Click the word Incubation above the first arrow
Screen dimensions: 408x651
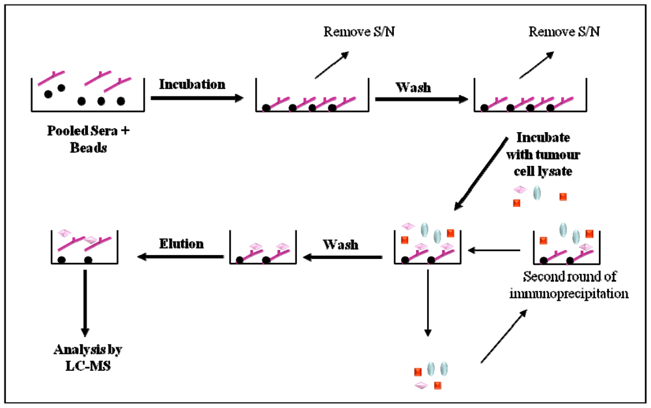point(192,85)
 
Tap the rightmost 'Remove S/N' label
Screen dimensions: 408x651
point(557,31)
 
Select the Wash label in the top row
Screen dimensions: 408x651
point(413,87)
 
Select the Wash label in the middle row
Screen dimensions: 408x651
point(340,244)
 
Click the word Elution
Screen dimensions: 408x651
point(181,244)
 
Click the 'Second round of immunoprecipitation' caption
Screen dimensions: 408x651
point(577,286)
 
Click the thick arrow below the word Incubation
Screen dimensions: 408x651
point(197,98)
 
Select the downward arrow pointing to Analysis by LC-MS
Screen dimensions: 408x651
point(85,299)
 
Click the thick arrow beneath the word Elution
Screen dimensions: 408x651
point(178,258)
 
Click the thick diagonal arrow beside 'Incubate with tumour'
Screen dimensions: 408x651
point(482,175)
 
